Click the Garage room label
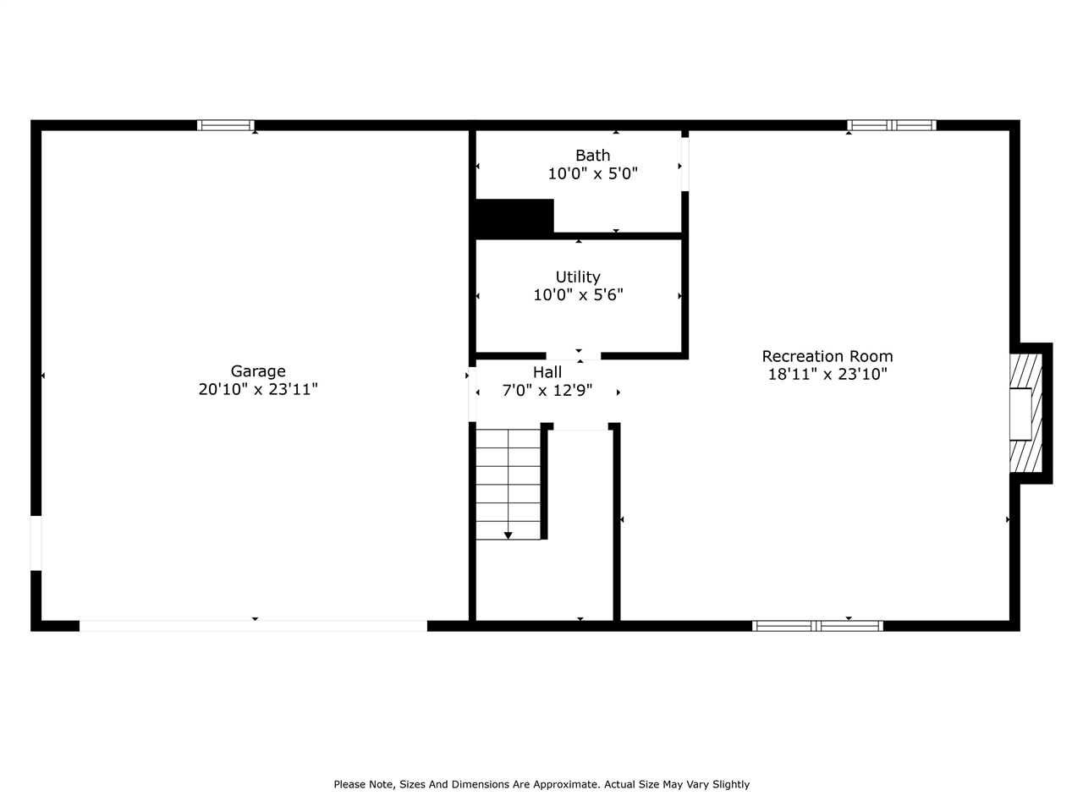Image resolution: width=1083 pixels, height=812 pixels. click(258, 371)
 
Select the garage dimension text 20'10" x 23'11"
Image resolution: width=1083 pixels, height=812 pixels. click(258, 389)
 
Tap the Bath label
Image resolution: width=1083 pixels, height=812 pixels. click(592, 156)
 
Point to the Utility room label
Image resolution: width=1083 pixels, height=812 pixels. click(578, 277)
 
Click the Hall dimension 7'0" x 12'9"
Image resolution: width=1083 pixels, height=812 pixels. click(547, 391)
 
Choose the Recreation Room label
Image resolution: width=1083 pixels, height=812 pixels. click(827, 356)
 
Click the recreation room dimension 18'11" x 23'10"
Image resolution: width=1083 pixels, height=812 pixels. click(827, 374)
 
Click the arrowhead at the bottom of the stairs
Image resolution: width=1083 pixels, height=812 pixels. click(509, 535)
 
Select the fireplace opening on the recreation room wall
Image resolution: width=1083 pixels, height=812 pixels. click(1020, 414)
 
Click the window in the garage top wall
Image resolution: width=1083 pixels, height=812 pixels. click(225, 125)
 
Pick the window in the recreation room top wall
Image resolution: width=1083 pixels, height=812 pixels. click(892, 125)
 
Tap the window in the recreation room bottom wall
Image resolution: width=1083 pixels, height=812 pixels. click(817, 626)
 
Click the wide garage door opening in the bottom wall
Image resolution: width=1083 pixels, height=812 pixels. click(253, 626)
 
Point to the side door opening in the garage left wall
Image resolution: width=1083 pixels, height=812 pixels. click(36, 543)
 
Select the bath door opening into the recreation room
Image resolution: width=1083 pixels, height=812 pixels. click(684, 164)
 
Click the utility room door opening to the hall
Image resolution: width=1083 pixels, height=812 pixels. click(574, 356)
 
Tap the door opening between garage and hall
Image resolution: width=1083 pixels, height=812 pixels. click(472, 394)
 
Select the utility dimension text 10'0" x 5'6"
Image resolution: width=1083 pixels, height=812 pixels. click(578, 295)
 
